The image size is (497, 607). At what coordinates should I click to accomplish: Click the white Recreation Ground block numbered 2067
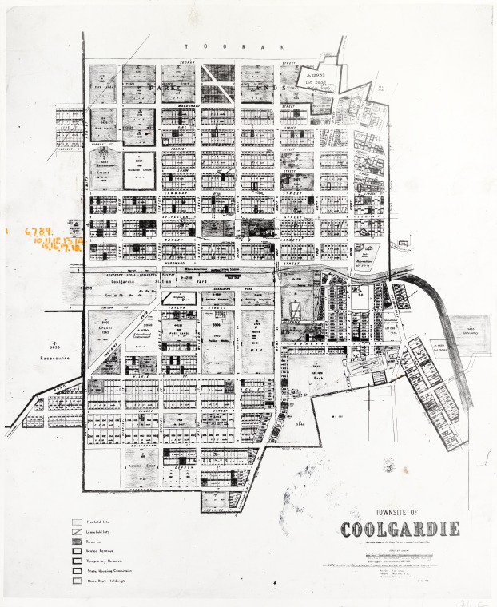pyautogui.click(x=138, y=169)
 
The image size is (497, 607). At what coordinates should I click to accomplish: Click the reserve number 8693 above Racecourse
pyautogui.click(x=52, y=348)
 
